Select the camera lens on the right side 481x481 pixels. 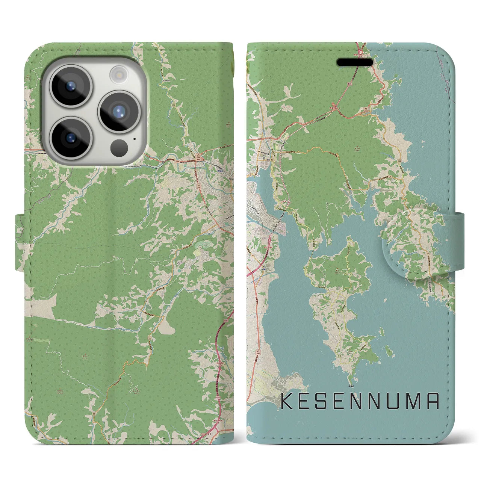pos(119,111)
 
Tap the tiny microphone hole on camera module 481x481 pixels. pos(134,138)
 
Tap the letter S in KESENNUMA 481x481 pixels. pos(328,401)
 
